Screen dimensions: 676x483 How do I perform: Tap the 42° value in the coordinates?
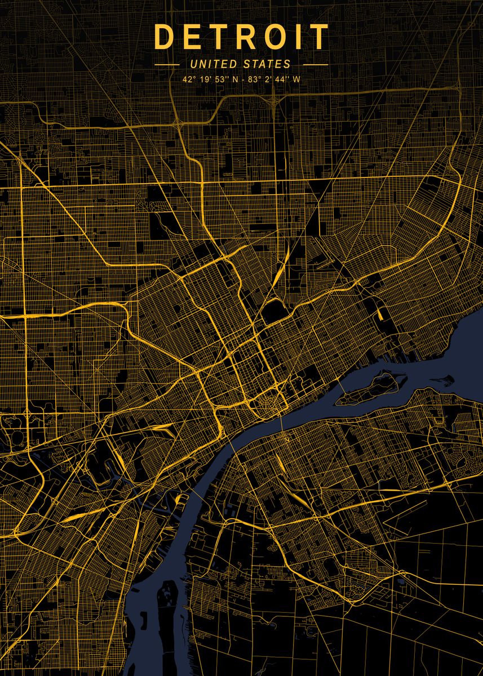pos(189,79)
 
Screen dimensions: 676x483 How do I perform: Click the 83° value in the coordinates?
pos(254,79)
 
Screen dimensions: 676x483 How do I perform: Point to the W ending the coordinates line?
pos(296,79)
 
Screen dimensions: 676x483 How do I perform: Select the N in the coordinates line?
pos(235,79)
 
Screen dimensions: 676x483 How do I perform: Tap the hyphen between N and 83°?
pos(242,79)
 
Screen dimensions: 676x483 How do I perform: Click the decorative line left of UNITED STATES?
pos(167,65)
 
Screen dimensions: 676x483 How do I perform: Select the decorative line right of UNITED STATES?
pos(316,65)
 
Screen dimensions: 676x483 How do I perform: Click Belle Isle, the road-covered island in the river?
pos(372,389)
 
